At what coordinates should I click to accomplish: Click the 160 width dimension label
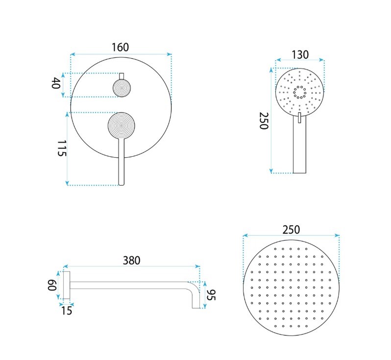(x=120, y=48)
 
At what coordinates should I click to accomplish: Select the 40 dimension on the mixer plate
(x=56, y=83)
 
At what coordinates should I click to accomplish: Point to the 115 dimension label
(x=61, y=148)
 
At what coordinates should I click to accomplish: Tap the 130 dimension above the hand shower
(x=300, y=54)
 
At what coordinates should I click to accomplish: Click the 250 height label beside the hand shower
(x=264, y=120)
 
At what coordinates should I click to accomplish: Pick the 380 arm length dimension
(x=131, y=261)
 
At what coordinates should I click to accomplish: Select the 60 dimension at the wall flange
(x=51, y=285)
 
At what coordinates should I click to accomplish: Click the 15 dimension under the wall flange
(x=66, y=310)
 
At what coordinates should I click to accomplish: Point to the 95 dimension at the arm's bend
(x=212, y=295)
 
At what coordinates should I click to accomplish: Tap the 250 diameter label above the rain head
(x=291, y=229)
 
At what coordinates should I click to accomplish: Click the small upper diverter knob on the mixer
(x=122, y=88)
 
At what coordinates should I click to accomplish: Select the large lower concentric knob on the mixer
(x=122, y=126)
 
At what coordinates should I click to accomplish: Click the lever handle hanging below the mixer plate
(x=122, y=164)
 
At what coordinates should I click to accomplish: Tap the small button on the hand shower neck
(x=299, y=118)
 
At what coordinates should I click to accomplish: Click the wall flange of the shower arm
(x=67, y=285)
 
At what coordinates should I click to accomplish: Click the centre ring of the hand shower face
(x=299, y=92)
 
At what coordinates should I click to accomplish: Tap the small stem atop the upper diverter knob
(x=122, y=76)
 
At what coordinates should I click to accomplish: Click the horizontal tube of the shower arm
(x=130, y=285)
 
